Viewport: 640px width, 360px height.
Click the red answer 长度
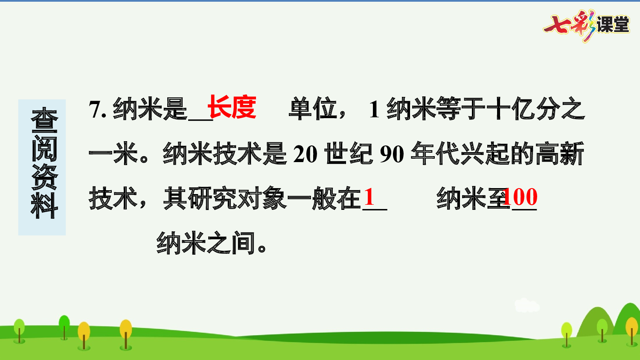232,107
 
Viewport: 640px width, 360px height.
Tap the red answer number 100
521,197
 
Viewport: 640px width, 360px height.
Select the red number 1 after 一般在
369,197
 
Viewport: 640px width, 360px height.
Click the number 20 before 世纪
305,154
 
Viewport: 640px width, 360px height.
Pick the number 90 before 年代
392,154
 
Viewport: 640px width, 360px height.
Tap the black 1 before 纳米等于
374,109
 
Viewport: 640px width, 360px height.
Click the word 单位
314,109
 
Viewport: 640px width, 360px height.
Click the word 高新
560,154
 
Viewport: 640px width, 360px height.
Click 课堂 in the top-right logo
613,25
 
